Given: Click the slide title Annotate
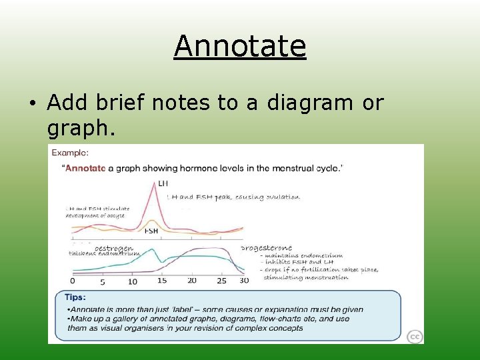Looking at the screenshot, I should point(240,46).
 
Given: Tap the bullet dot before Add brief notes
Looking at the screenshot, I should point(32,104).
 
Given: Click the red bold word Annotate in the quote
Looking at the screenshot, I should point(85,168).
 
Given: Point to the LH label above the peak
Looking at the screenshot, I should point(163,183).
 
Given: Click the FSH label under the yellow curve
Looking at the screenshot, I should point(152,231).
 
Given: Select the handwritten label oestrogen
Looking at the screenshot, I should point(104,247).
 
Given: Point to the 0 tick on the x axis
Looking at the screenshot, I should point(73,281).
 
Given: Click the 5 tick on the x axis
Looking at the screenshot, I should point(102,281).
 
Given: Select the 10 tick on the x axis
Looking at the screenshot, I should point(132,281).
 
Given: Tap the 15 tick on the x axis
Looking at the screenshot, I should point(162,281).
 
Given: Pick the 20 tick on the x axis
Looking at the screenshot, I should point(192,281).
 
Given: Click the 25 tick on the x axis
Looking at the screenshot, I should point(221,281).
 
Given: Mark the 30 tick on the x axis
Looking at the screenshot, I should point(244,281).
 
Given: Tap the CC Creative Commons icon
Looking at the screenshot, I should point(414,337).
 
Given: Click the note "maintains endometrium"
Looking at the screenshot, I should point(304,255).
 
